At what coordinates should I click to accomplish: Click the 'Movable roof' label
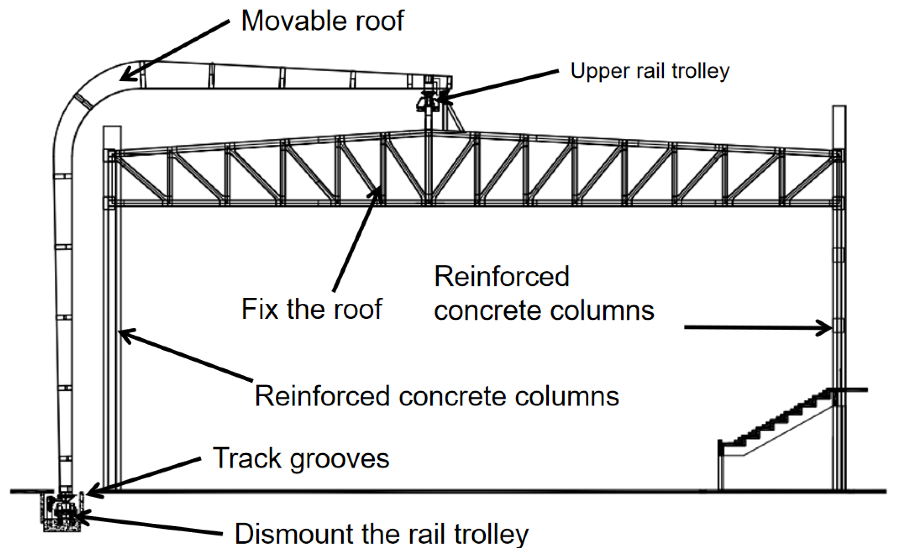(x=322, y=21)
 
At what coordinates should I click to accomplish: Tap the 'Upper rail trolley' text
(x=650, y=71)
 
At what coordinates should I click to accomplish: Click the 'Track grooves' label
(x=301, y=459)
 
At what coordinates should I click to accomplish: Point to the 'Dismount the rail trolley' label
(x=382, y=535)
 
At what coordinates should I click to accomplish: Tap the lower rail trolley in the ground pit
(x=62, y=512)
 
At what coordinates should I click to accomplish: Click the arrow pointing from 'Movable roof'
(x=174, y=50)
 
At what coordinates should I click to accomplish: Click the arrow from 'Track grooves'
(x=143, y=477)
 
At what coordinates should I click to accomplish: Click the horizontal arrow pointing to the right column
(x=758, y=327)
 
